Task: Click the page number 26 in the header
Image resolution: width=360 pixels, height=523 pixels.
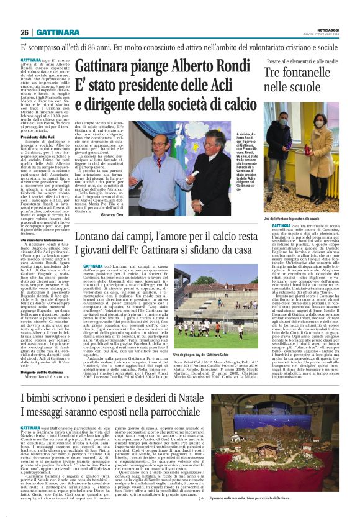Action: [x=25, y=32]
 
